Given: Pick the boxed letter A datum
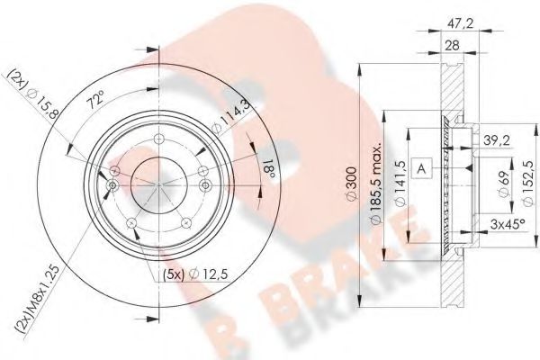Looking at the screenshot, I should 421,166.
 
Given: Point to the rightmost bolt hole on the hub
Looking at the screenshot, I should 205,186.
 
